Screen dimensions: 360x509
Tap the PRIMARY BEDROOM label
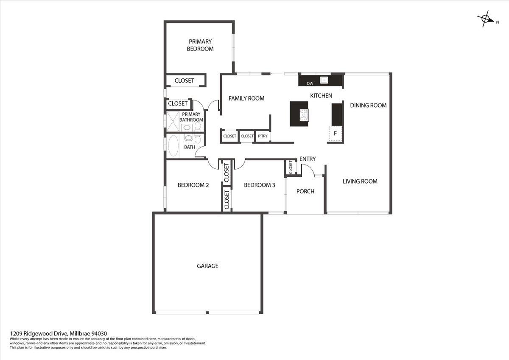(x=200, y=45)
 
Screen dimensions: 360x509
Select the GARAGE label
(x=207, y=266)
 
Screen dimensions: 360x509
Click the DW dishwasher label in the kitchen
(x=310, y=83)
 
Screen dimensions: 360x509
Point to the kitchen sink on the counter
(x=324, y=80)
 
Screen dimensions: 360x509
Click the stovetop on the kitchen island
(x=304, y=114)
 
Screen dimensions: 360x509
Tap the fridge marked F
(x=336, y=134)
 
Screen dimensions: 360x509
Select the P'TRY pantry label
(x=263, y=136)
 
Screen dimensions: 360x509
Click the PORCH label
(x=305, y=191)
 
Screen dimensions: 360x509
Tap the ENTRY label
(x=308, y=159)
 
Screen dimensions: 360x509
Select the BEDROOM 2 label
(x=193, y=185)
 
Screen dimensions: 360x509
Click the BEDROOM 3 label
(x=260, y=185)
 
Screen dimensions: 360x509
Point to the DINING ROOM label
(x=368, y=105)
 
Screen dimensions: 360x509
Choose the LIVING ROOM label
(x=360, y=181)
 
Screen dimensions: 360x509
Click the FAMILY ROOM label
(x=246, y=98)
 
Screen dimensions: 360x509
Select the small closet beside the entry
(x=291, y=167)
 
